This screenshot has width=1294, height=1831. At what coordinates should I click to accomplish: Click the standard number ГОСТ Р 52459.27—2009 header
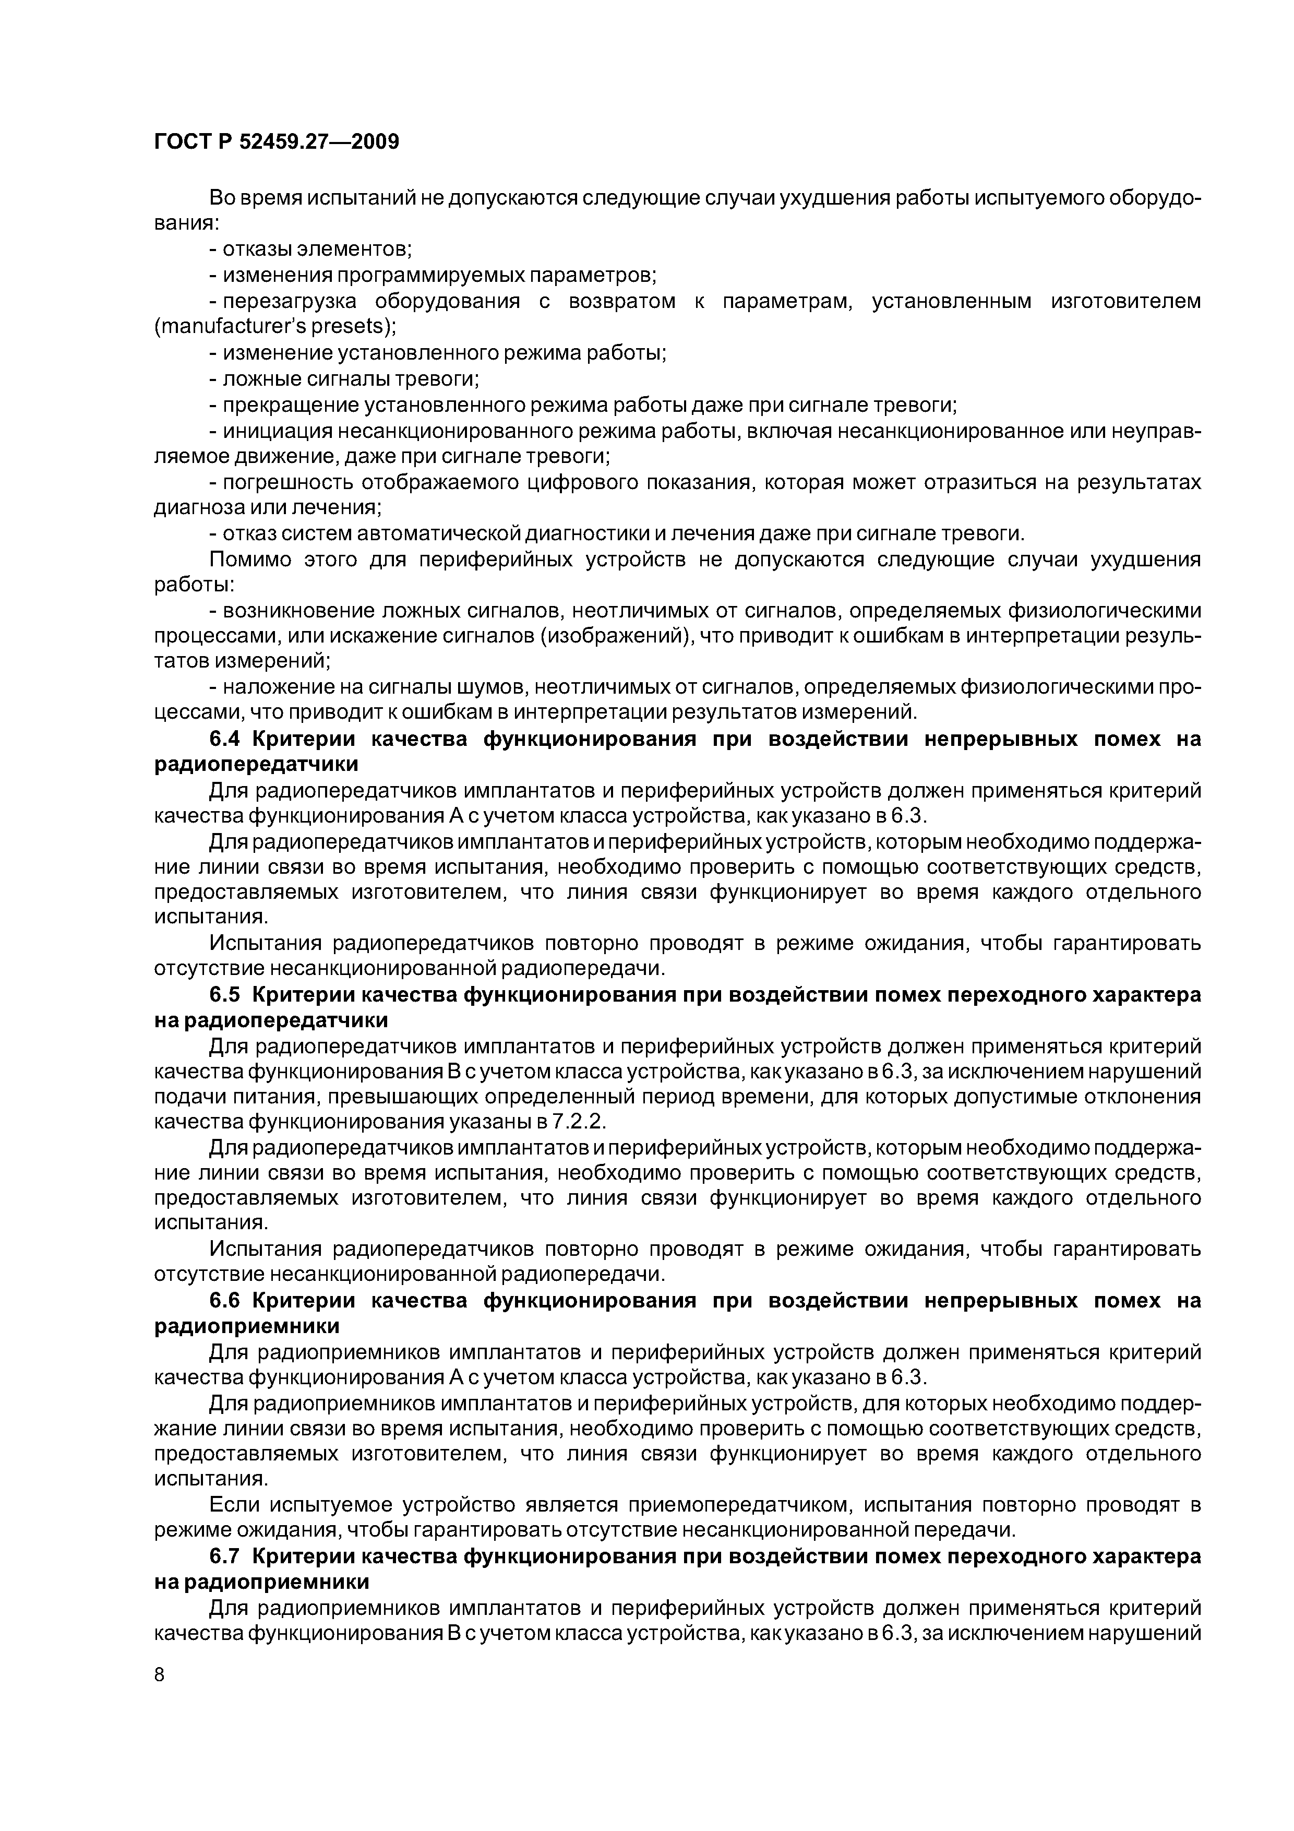276,142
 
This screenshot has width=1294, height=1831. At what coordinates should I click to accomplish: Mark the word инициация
276,432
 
